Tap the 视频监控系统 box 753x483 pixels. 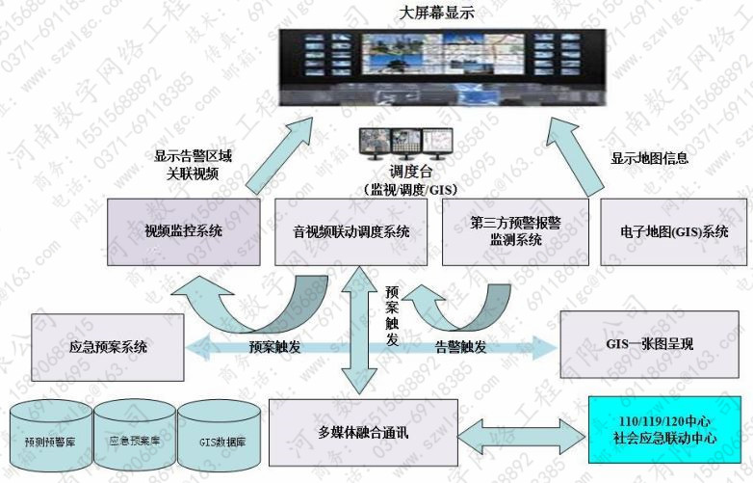182,231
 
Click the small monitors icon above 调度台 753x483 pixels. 402,145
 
